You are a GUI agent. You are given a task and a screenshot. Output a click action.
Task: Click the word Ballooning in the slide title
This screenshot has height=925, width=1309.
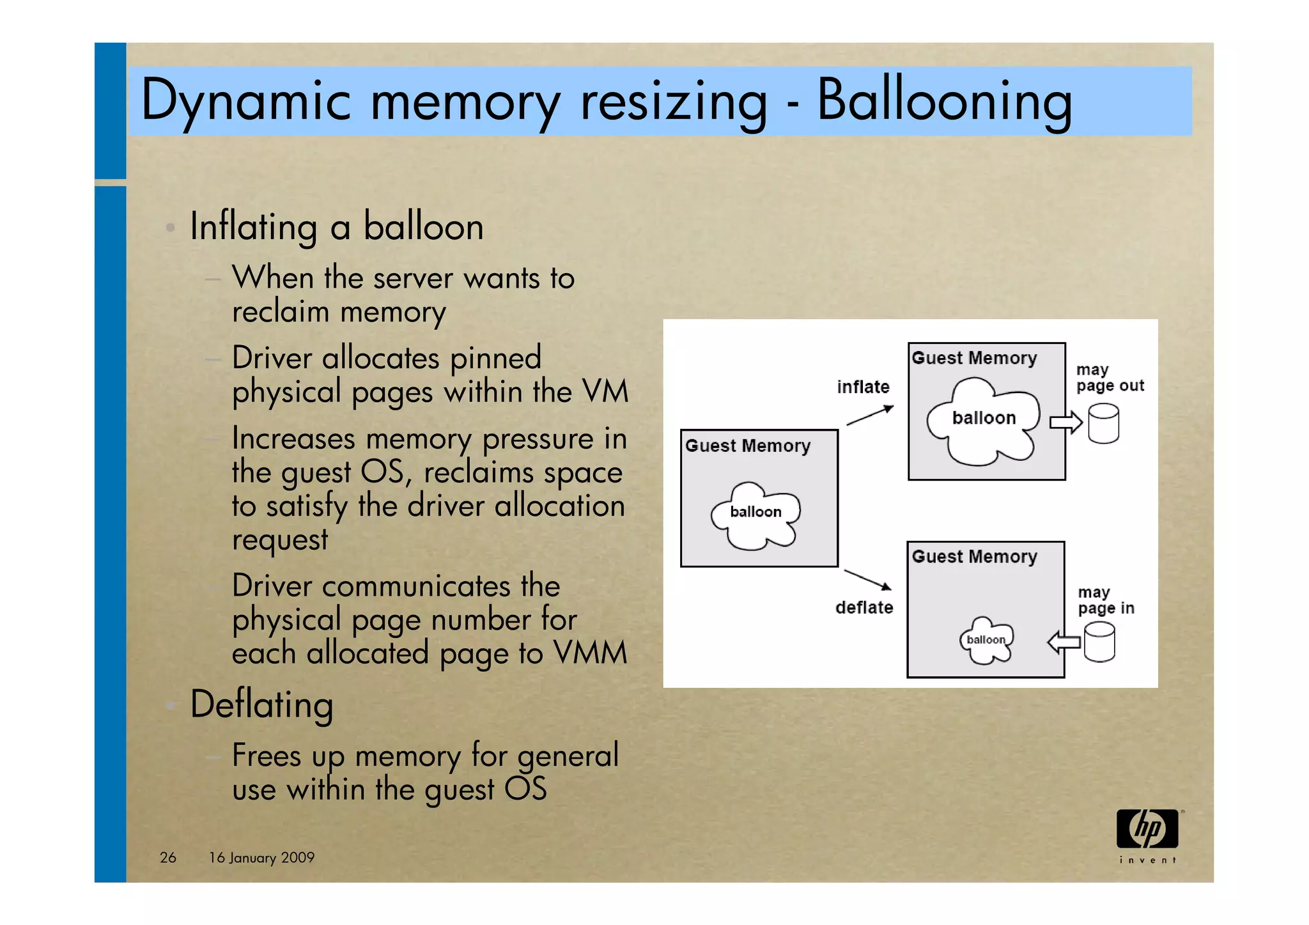coord(945,101)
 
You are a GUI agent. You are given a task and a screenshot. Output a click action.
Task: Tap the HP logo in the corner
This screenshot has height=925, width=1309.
coord(1147,829)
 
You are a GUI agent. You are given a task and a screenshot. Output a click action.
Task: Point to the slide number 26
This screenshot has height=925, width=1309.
coord(168,857)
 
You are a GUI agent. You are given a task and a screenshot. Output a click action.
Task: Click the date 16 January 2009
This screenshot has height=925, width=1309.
coord(261,857)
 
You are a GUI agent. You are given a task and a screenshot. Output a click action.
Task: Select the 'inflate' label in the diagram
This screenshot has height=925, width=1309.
coord(863,387)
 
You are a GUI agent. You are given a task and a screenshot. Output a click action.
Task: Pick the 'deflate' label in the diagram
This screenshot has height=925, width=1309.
coord(864,607)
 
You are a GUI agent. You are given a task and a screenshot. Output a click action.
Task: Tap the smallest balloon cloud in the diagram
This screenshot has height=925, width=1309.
coord(986,640)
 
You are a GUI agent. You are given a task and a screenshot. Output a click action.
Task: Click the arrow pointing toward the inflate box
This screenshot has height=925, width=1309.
coord(870,416)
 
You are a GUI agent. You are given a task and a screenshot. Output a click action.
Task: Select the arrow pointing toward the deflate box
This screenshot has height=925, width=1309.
coord(867,580)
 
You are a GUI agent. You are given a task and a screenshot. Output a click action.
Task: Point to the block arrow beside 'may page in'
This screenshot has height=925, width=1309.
coord(1064,642)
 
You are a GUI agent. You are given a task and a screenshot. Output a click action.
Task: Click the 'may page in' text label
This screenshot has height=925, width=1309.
coord(1106,600)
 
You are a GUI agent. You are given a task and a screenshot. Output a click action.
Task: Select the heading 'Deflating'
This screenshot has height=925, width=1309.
coord(261,704)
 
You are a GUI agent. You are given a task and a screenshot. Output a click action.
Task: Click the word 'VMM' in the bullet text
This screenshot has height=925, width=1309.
coord(590,653)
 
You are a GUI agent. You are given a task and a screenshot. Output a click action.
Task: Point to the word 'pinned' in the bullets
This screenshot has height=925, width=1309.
coord(495,358)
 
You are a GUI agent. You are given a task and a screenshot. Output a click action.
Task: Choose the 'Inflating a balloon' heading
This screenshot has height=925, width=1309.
coord(336,227)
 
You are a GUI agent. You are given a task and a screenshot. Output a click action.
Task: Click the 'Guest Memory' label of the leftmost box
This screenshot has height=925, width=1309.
coord(747,446)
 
